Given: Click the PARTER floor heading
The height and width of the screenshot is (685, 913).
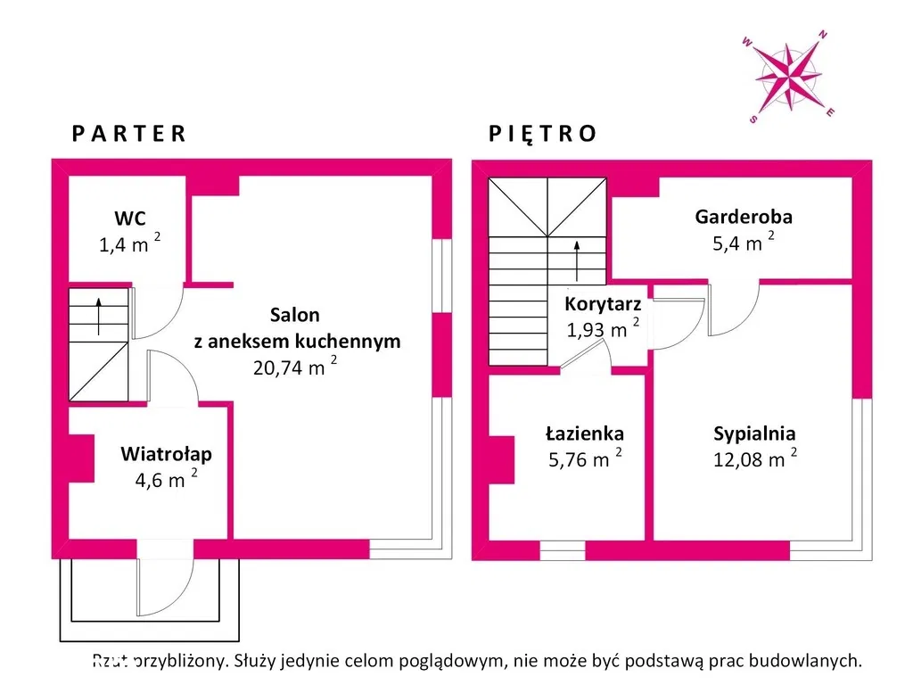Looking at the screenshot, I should pos(129,134).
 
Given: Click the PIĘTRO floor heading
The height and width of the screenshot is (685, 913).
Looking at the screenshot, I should pos(542,134).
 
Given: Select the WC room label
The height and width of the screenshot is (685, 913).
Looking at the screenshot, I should pos(129,218).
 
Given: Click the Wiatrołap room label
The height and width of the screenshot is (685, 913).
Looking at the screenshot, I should pos(166,455).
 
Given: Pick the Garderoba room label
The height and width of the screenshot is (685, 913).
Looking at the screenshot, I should pos(744,216).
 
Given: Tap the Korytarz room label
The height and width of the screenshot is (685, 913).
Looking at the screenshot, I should pos(604,303).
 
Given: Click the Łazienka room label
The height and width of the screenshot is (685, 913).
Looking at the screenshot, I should pos(585,433).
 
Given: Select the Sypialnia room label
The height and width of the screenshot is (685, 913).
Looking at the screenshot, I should pos(754,433).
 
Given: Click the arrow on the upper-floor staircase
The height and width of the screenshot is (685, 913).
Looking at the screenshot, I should pos(578,255).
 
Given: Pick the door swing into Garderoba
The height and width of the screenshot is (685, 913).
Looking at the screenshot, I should pos(733,309).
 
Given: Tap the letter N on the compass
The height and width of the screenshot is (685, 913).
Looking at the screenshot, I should pos(823,36).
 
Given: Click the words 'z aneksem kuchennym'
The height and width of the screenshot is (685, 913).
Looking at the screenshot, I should pos(296,341).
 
